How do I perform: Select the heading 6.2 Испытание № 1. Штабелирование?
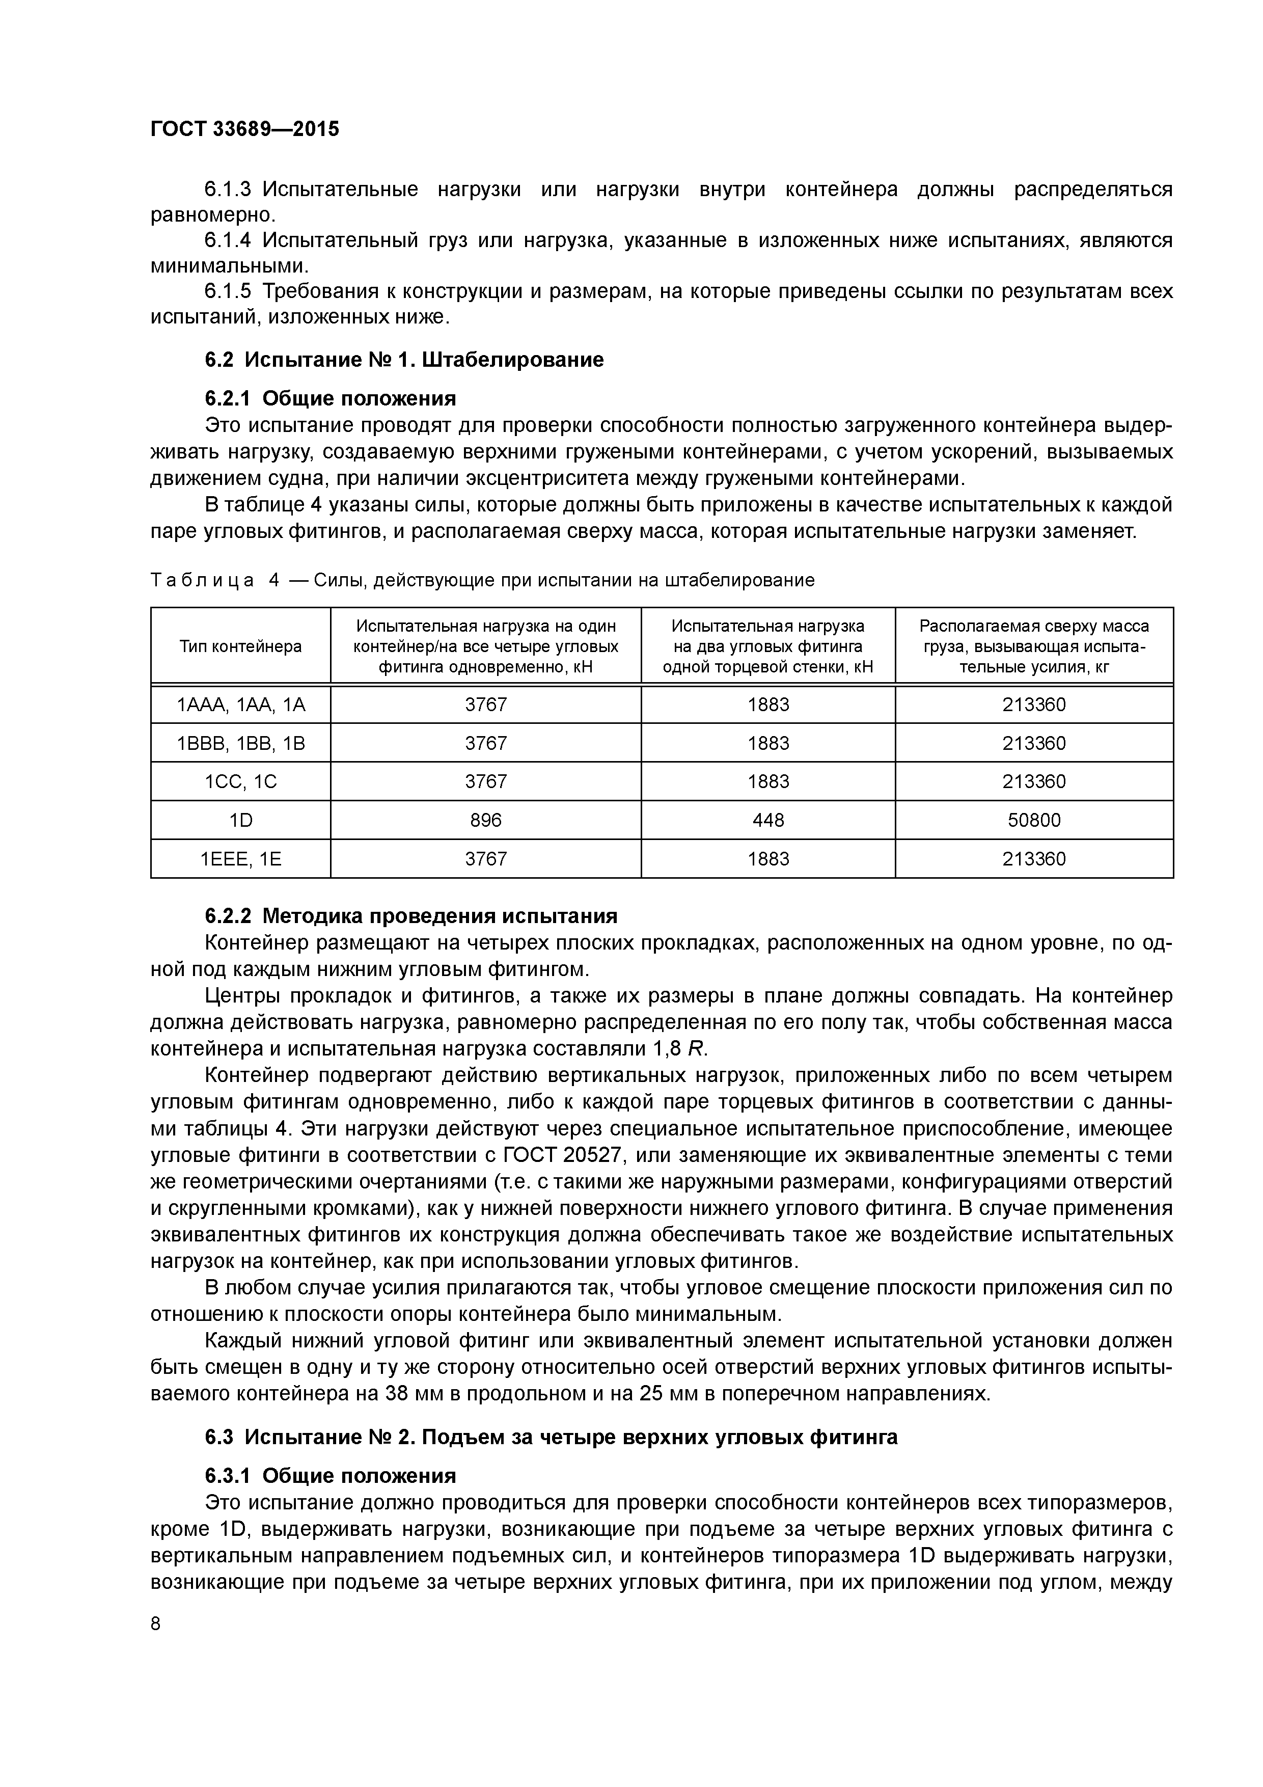click(x=404, y=360)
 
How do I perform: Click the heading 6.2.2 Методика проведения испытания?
click(x=411, y=915)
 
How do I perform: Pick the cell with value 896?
click(x=485, y=820)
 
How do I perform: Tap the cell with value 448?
click(x=768, y=820)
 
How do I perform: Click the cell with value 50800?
click(x=1033, y=820)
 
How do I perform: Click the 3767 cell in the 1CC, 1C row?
click(x=485, y=781)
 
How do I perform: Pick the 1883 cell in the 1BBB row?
click(x=768, y=743)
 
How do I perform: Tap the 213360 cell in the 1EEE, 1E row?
click(x=1033, y=859)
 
